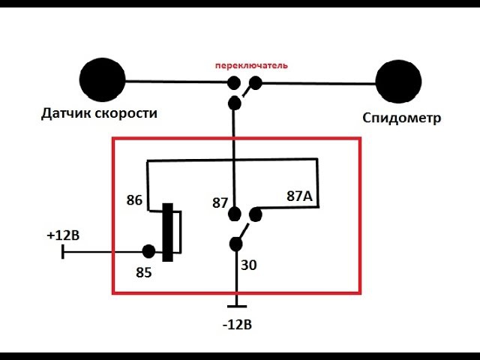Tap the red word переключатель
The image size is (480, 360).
(251, 66)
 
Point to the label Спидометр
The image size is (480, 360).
(402, 118)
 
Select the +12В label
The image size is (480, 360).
(64, 235)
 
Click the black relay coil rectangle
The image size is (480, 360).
(169, 232)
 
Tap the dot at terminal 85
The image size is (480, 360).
(148, 251)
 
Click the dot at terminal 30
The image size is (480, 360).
(235, 244)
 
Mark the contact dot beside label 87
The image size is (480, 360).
(235, 214)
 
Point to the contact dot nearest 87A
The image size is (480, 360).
(256, 215)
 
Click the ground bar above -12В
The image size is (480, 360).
(236, 305)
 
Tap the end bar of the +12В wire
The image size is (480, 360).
(63, 251)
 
